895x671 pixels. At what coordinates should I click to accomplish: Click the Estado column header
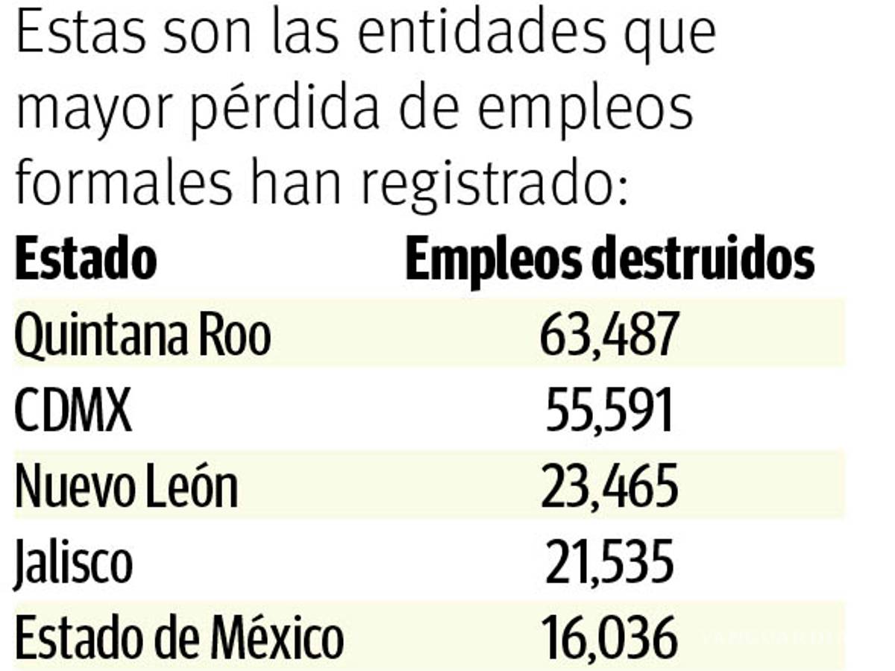(86, 259)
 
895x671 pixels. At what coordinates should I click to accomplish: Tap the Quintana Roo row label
(142, 335)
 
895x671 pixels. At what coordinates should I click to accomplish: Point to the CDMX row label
(73, 411)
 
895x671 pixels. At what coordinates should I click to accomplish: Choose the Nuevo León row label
(126, 487)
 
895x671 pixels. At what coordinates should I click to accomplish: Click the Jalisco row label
(73, 563)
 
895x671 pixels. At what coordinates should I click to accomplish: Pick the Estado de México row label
(179, 638)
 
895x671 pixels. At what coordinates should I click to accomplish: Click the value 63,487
(609, 335)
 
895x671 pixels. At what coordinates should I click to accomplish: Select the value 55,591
(609, 411)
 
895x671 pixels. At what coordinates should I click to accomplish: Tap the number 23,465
(609, 487)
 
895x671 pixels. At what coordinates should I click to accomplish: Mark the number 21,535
(609, 563)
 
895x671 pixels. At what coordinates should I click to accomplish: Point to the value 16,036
(609, 638)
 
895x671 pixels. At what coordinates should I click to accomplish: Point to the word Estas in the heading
(71, 34)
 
